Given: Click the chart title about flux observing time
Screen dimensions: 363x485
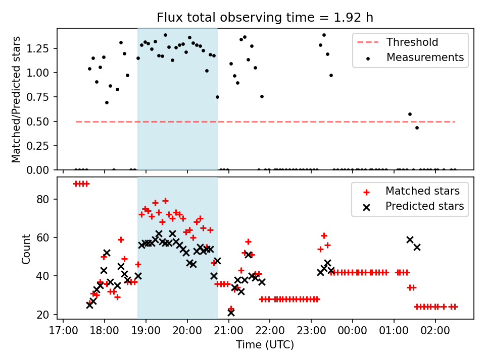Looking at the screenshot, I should click(265, 18).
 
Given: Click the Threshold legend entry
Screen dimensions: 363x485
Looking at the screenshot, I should click(412, 42).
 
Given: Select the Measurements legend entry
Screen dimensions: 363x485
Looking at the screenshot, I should click(425, 57).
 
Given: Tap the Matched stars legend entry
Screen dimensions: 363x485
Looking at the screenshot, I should click(422, 191).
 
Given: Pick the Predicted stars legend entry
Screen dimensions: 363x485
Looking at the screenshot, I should click(425, 206).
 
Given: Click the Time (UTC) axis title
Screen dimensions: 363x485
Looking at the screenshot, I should click(265, 345).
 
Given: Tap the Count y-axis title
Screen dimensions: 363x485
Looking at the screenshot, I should click(26, 249).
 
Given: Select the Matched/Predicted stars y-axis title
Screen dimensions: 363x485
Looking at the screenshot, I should click(16, 99).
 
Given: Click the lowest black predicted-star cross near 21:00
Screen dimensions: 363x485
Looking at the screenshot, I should click(231, 313).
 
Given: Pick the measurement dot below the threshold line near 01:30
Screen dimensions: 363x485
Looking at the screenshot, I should click(417, 128).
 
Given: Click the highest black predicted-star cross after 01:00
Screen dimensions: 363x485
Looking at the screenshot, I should click(410, 239).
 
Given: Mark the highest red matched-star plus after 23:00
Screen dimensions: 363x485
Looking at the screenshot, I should click(324, 235).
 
